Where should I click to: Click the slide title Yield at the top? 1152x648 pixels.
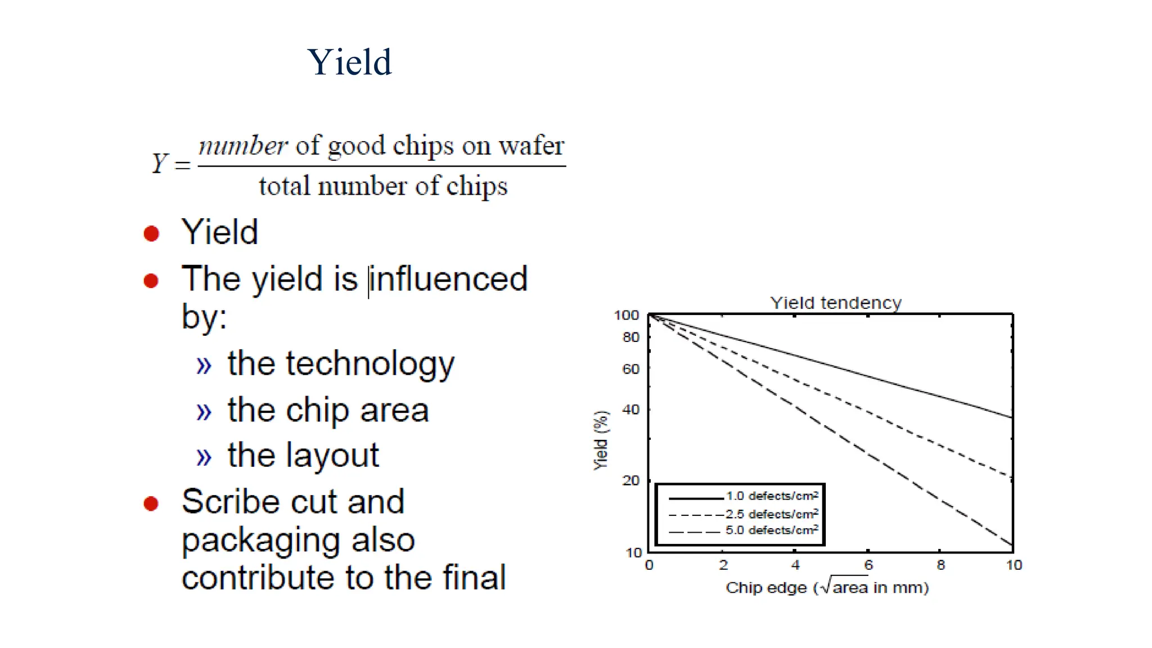[x=349, y=62]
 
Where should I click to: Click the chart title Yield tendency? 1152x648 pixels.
[x=835, y=303]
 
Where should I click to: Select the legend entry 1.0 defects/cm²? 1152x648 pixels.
[x=771, y=496]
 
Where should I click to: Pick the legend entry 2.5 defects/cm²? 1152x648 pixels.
[x=771, y=514]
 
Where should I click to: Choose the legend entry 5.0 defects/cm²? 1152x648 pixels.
[x=771, y=530]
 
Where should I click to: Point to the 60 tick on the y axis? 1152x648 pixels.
[x=631, y=369]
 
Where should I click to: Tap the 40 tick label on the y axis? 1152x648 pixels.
[x=631, y=409]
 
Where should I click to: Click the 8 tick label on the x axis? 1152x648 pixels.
[x=941, y=565]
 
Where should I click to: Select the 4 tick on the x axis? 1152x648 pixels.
[x=795, y=565]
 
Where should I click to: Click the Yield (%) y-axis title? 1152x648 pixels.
[x=601, y=440]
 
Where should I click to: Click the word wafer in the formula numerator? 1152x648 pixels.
[x=531, y=146]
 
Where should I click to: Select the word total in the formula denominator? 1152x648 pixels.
[x=284, y=186]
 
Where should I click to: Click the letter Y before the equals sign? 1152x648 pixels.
[x=160, y=164]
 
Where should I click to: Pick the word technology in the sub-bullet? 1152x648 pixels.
[x=370, y=364]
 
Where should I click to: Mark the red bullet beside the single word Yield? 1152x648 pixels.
[x=151, y=233]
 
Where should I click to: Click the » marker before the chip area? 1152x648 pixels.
[x=204, y=412]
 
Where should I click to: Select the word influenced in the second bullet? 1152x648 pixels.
[x=449, y=278]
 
